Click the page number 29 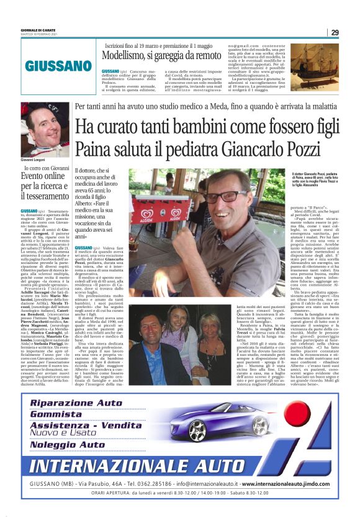tap(335, 32)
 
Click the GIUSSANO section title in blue tap(58, 66)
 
